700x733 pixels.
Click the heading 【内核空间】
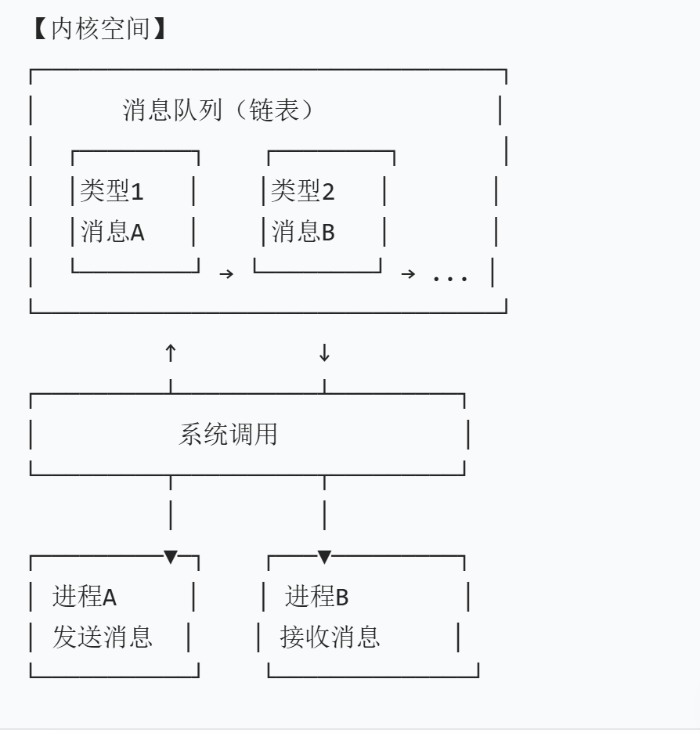coord(99,31)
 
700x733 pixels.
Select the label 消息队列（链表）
coord(218,110)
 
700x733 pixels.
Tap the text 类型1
coord(112,191)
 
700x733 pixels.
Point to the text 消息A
coord(112,232)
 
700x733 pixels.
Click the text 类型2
coord(302,191)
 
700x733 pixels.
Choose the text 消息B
coord(303,232)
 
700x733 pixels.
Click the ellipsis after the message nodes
coord(450,276)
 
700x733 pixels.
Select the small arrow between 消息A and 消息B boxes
coord(226,274)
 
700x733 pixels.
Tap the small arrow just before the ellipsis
coord(408,274)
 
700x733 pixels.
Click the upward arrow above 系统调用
coord(171,352)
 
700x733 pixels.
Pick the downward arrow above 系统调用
coord(324,352)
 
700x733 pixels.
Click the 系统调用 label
coord(228,434)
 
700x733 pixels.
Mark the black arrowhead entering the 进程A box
coord(171,558)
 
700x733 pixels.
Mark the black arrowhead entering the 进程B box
coord(324,558)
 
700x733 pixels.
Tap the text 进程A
coord(84,598)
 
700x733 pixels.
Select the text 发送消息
coord(102,637)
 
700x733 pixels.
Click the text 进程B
coord(316,598)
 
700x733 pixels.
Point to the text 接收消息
coord(330,637)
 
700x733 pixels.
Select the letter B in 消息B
coord(328,233)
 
